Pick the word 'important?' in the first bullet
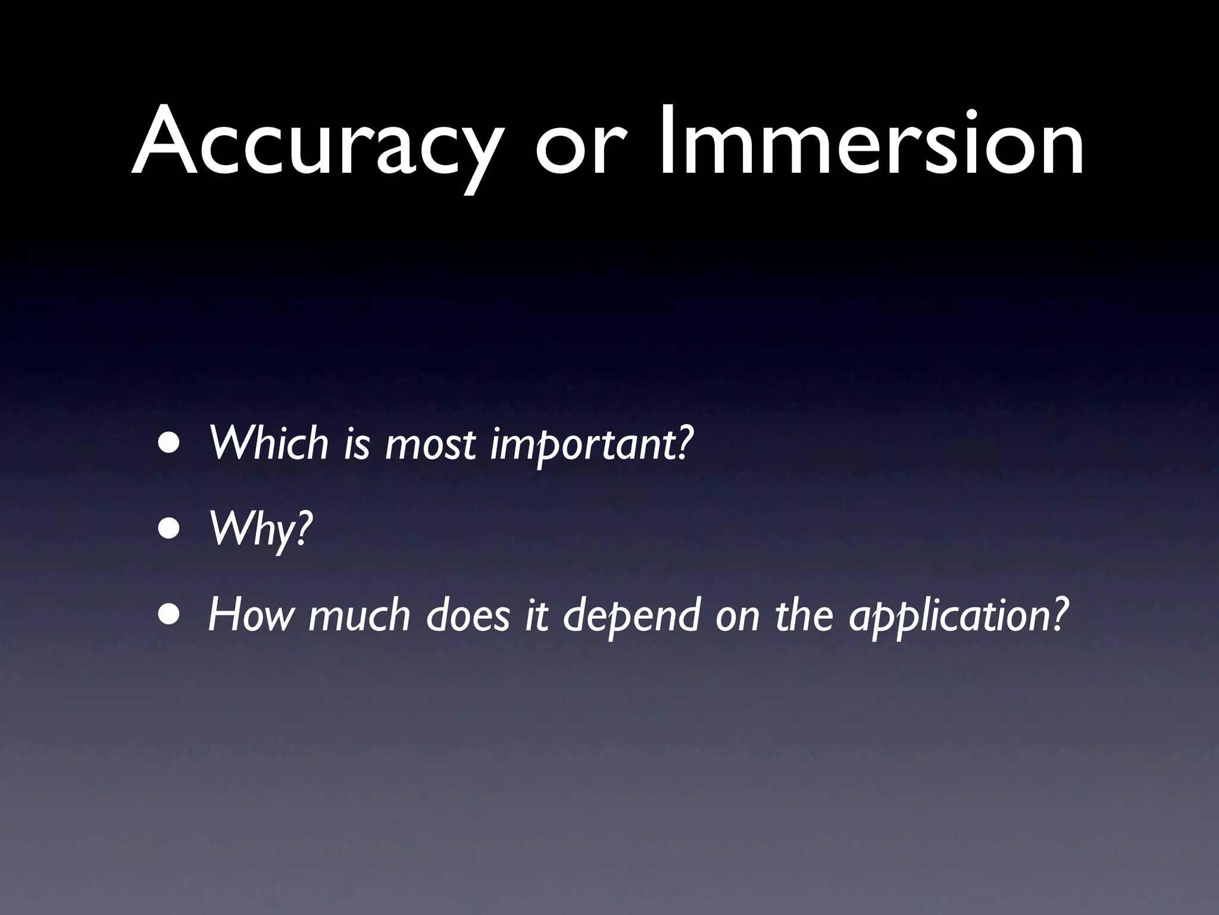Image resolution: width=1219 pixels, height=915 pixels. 592,445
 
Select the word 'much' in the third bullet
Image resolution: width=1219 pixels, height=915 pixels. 360,615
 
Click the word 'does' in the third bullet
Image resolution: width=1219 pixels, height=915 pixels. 468,615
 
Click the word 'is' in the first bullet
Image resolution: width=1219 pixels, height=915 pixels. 357,444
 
